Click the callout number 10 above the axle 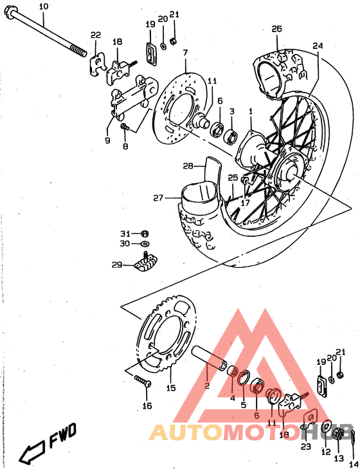pyautogui.click(x=44, y=6)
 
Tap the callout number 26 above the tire pyautogui.click(x=276, y=29)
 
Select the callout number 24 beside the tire pyautogui.click(x=317, y=46)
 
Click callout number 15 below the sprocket pyautogui.click(x=170, y=388)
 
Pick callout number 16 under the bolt pyautogui.click(x=147, y=406)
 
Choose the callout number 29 pyautogui.click(x=116, y=264)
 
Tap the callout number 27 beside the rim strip pyautogui.click(x=158, y=198)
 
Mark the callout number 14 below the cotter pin pyautogui.click(x=354, y=463)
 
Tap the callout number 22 pyautogui.click(x=95, y=35)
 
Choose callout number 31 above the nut pyautogui.click(x=124, y=233)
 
